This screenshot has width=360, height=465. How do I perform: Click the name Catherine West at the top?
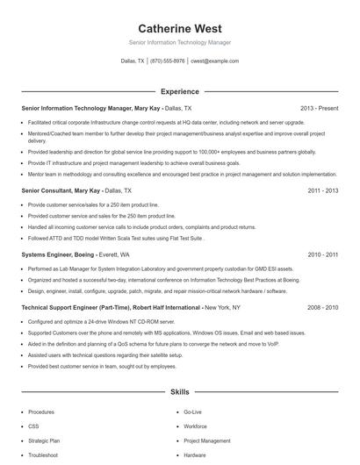(x=179, y=28)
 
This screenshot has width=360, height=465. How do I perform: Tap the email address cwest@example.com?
(x=214, y=61)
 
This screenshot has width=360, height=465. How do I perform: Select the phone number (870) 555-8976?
(x=167, y=61)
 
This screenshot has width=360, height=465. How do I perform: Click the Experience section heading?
(x=179, y=91)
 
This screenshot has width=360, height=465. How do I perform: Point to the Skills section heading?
(x=179, y=391)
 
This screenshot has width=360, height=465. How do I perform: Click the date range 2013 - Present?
(x=319, y=108)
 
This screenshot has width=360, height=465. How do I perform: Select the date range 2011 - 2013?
(x=322, y=190)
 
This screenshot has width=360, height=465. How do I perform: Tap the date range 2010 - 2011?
(x=322, y=254)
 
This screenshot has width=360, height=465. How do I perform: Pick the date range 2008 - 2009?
(x=322, y=308)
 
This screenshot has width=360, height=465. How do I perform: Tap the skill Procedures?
(x=40, y=411)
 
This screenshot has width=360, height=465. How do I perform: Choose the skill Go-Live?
(x=192, y=411)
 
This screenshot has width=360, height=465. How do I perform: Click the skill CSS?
(x=33, y=426)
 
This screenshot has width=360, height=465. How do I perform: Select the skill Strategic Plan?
(x=44, y=440)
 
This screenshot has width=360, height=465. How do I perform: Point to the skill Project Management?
(x=207, y=440)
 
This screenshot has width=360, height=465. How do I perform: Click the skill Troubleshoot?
(x=42, y=455)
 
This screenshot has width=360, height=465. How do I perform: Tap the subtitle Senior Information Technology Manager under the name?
(x=179, y=41)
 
